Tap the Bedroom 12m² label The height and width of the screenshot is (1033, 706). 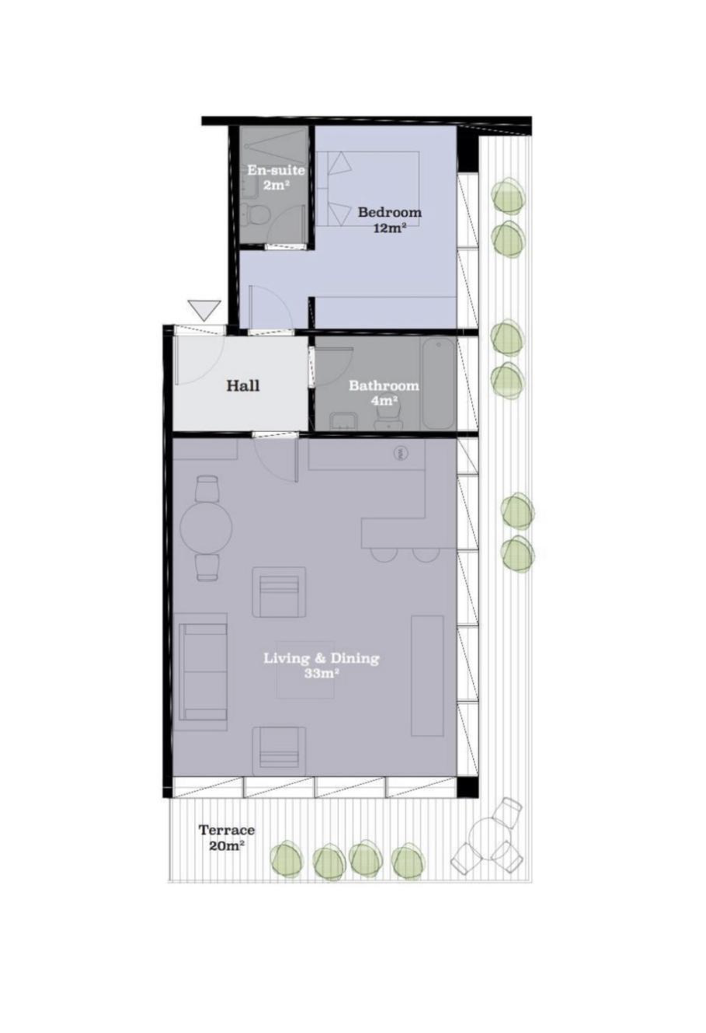pyautogui.click(x=390, y=219)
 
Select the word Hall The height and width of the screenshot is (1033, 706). pyautogui.click(x=243, y=386)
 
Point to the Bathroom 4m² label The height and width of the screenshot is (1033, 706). pyautogui.click(x=383, y=392)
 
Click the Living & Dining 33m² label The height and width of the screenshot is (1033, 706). pyautogui.click(x=321, y=666)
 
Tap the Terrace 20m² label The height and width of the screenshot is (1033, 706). pyautogui.click(x=227, y=837)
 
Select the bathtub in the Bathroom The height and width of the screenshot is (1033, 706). pyautogui.click(x=439, y=383)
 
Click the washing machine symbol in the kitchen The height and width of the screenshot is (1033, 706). pyautogui.click(x=401, y=453)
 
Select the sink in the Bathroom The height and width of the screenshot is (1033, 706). pyautogui.click(x=342, y=421)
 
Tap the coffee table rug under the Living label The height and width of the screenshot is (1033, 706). pyautogui.click(x=305, y=669)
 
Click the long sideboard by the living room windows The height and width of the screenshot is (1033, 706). pyautogui.click(x=427, y=676)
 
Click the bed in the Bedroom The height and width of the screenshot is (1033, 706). pyautogui.click(x=372, y=188)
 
